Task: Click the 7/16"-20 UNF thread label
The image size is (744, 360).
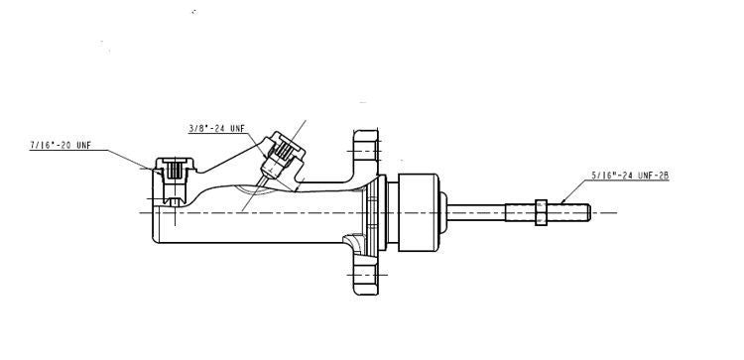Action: click(61, 145)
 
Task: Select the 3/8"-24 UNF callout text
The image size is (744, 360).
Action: click(216, 128)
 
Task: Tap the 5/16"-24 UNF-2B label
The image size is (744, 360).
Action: click(631, 176)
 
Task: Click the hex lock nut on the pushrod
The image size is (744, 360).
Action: click(541, 211)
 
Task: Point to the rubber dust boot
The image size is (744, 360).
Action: click(416, 211)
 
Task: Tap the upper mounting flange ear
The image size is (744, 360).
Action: click(366, 149)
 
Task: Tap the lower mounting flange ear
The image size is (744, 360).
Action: click(366, 279)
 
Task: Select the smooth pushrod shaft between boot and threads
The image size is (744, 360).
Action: click(481, 211)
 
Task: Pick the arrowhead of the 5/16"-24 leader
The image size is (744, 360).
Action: click(561, 201)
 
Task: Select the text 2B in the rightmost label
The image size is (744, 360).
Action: click(664, 176)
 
